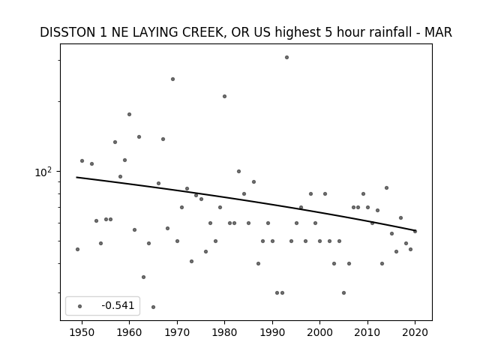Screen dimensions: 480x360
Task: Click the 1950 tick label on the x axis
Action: (x=82, y=332)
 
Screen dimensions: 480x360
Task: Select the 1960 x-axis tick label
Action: (x=129, y=332)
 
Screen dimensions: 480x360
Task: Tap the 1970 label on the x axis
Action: (x=177, y=332)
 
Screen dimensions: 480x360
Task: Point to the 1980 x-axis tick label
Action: (x=224, y=332)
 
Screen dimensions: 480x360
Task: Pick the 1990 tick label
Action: (x=272, y=332)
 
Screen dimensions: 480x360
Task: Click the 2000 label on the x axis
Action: (x=319, y=332)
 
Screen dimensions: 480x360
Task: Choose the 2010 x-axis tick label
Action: (x=367, y=332)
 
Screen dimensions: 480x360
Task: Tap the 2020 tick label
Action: (x=415, y=332)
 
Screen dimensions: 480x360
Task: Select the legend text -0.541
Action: (x=118, y=305)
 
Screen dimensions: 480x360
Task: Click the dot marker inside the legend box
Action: (x=79, y=306)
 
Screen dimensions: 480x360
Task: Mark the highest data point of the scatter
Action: (x=286, y=57)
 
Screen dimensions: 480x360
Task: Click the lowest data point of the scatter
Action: (x=153, y=307)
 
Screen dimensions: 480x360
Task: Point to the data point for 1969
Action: (x=172, y=79)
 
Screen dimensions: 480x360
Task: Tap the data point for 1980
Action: (x=224, y=97)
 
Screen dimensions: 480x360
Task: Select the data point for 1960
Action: (x=129, y=115)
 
